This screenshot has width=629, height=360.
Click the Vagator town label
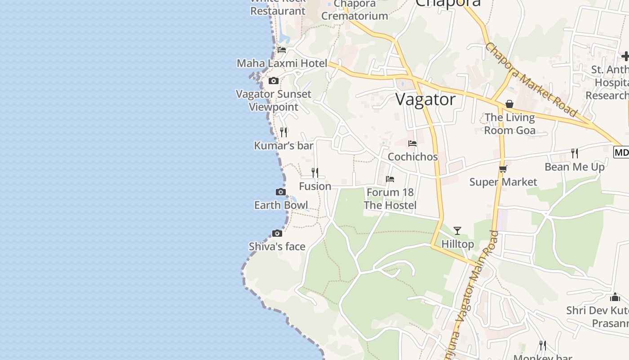(x=425, y=99)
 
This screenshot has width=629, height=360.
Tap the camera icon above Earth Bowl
(x=281, y=192)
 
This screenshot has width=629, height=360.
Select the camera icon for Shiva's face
(x=277, y=233)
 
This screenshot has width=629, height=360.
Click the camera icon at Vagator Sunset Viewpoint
(x=273, y=81)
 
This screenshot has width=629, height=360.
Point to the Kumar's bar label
(x=283, y=145)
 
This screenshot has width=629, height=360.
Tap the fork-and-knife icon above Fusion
(x=315, y=172)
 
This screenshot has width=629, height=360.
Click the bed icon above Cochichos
(x=412, y=144)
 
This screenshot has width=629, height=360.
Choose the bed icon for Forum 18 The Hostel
(x=390, y=179)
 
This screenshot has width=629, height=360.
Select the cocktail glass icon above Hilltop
(x=457, y=231)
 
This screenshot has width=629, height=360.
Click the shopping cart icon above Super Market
(x=503, y=169)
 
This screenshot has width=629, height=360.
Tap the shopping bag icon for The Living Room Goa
(x=509, y=104)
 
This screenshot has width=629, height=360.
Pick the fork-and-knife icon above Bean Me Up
(x=575, y=153)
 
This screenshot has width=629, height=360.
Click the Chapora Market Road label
(x=531, y=80)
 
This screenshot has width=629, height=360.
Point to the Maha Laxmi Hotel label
(x=282, y=63)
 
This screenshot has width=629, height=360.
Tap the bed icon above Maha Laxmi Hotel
(x=282, y=49)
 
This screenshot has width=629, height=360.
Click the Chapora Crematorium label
(x=354, y=10)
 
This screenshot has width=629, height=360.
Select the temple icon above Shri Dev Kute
(x=615, y=297)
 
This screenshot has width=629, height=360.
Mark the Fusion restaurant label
(x=315, y=186)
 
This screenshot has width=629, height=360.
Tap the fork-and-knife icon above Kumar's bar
(x=283, y=132)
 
